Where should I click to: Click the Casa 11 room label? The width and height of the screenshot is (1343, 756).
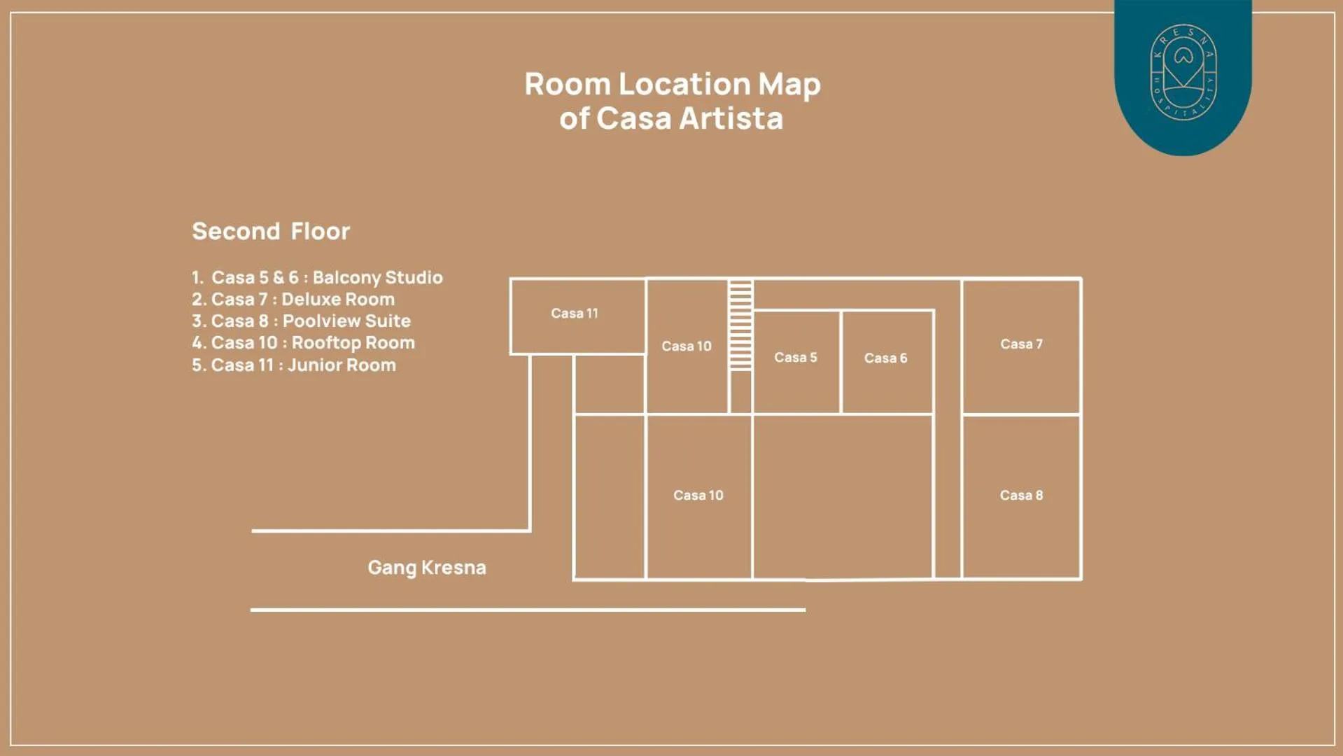tap(574, 314)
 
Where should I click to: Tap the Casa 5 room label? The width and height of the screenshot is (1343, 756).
tap(795, 358)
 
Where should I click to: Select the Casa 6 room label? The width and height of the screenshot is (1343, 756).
tap(885, 358)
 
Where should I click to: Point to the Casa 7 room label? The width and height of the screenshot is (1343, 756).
tap(1021, 344)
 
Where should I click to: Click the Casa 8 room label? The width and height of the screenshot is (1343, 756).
tap(1021, 496)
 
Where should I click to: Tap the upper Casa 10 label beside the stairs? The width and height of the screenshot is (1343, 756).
tap(686, 346)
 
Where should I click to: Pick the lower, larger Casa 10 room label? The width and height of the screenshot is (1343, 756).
tap(698, 496)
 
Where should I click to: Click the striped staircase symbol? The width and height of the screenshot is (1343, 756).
tap(740, 325)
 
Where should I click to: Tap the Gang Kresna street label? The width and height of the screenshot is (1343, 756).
tap(427, 568)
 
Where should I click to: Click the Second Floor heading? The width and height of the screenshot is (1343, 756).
tap(271, 232)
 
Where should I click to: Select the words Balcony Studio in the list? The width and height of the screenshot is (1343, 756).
tap(377, 278)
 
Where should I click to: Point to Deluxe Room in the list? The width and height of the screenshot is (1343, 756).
tap(337, 300)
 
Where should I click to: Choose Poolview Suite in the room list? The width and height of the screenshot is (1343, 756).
tap(346, 321)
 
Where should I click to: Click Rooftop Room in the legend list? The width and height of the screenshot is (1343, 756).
tap(353, 343)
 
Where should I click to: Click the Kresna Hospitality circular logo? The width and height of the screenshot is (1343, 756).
tap(1183, 73)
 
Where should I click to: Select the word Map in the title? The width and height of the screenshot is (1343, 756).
tap(789, 85)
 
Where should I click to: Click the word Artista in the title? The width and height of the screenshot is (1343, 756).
tap(731, 118)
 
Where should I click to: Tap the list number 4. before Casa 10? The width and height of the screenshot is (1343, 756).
tap(199, 343)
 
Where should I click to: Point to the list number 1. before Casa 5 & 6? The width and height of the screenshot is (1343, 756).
tap(197, 278)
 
